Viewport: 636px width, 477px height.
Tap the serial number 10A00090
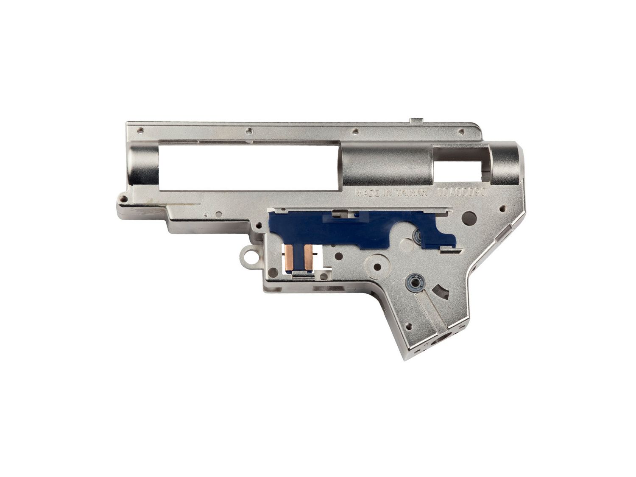pos(463,192)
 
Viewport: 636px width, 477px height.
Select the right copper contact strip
pos(308,258)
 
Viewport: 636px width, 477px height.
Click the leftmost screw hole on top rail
pos(141,130)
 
